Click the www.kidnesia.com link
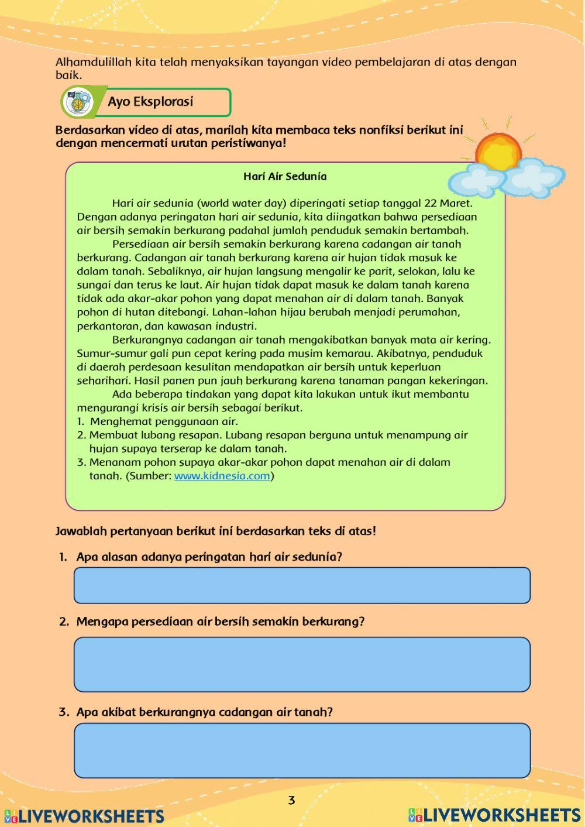pos(222,476)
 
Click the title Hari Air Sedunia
pos(285,176)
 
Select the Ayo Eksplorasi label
pos(150,102)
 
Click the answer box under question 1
pos(302,585)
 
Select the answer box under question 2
pos(302,664)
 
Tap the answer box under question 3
pos(302,750)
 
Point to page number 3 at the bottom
pos(291,800)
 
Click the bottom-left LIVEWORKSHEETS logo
pos(85,816)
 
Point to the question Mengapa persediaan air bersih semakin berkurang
pos(220,622)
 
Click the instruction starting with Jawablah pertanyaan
pos(215,531)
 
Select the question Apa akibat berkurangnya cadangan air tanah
pos(204,712)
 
